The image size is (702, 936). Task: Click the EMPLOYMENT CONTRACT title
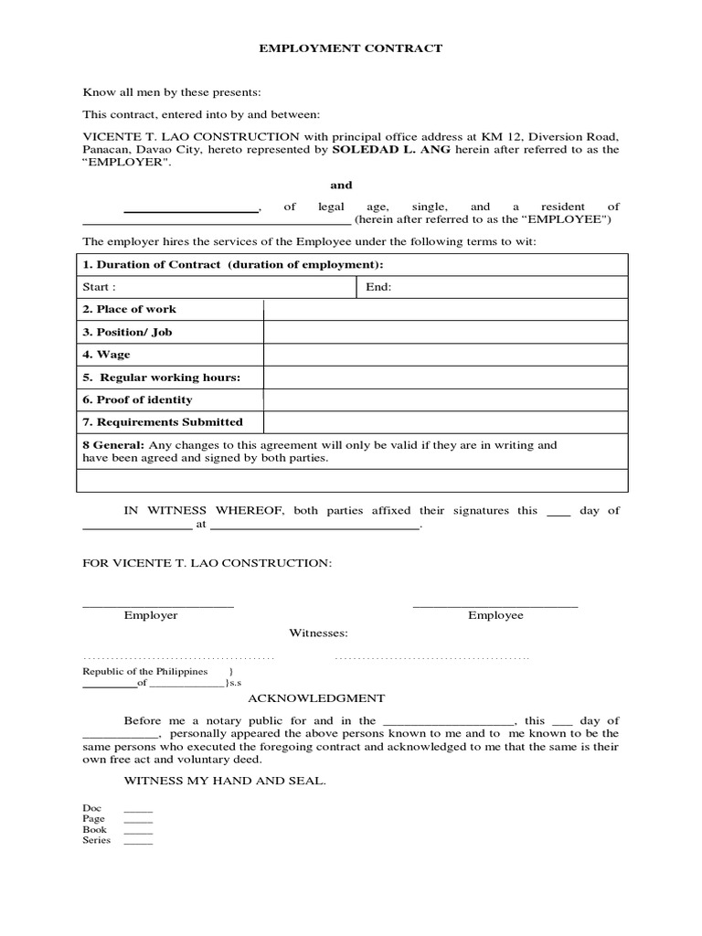point(351,48)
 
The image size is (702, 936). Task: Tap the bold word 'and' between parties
point(341,185)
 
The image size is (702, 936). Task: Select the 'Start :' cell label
point(100,287)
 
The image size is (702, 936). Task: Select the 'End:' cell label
point(378,287)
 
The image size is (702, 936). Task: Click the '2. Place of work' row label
point(130,310)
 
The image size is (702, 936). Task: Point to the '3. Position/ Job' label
point(128,332)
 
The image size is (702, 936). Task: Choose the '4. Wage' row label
point(107,355)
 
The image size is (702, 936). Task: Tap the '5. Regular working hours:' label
point(162,378)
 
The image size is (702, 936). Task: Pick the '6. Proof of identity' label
point(138,399)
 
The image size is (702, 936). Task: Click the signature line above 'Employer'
point(158,605)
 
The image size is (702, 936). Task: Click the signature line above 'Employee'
point(495,605)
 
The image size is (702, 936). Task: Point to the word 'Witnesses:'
point(319,633)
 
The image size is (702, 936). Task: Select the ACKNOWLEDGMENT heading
point(310,697)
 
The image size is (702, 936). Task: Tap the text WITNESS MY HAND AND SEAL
point(224,782)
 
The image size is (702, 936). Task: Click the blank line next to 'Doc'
point(138,811)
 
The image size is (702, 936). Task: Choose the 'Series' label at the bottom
point(97,841)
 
